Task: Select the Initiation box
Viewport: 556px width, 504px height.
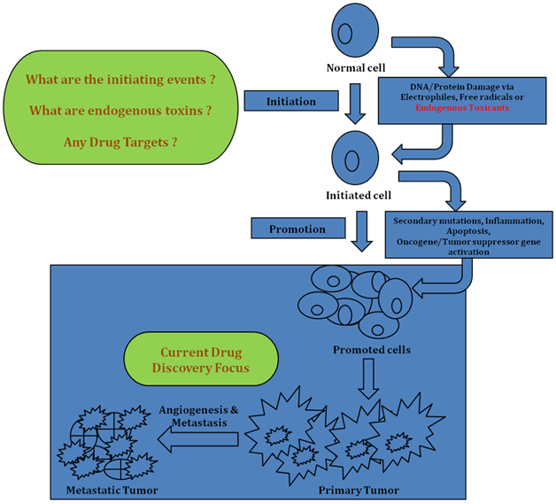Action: (291, 102)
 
